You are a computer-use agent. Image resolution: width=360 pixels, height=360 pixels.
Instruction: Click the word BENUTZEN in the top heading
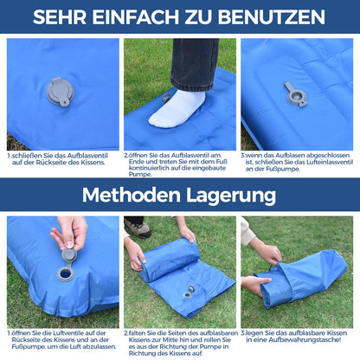pyautogui.click(x=272, y=17)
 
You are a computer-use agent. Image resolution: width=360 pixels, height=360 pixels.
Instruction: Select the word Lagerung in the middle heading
pyautogui.click(x=231, y=196)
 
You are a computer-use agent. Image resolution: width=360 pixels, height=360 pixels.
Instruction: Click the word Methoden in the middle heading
pyautogui.click(x=132, y=195)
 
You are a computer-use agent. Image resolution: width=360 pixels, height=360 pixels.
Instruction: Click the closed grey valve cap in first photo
pyautogui.click(x=61, y=93)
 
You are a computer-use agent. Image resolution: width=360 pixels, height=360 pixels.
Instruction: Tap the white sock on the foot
pyautogui.click(x=177, y=109)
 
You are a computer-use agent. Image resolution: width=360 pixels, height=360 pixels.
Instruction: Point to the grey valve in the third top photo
pyautogui.click(x=296, y=94)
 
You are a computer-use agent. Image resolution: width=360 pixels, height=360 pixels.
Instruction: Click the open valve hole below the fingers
pyautogui.click(x=66, y=274)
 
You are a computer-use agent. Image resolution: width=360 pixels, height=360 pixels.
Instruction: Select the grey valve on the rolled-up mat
pyautogui.click(x=189, y=292)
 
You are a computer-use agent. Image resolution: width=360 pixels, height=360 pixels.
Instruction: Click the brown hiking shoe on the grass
pyautogui.click(x=138, y=228)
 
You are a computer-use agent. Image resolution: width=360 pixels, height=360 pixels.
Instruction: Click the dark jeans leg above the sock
pyautogui.click(x=195, y=64)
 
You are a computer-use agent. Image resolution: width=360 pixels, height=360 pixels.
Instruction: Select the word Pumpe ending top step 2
pyautogui.click(x=139, y=175)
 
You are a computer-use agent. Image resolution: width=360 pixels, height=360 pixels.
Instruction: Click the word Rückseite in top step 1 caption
pyautogui.click(x=48, y=163)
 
